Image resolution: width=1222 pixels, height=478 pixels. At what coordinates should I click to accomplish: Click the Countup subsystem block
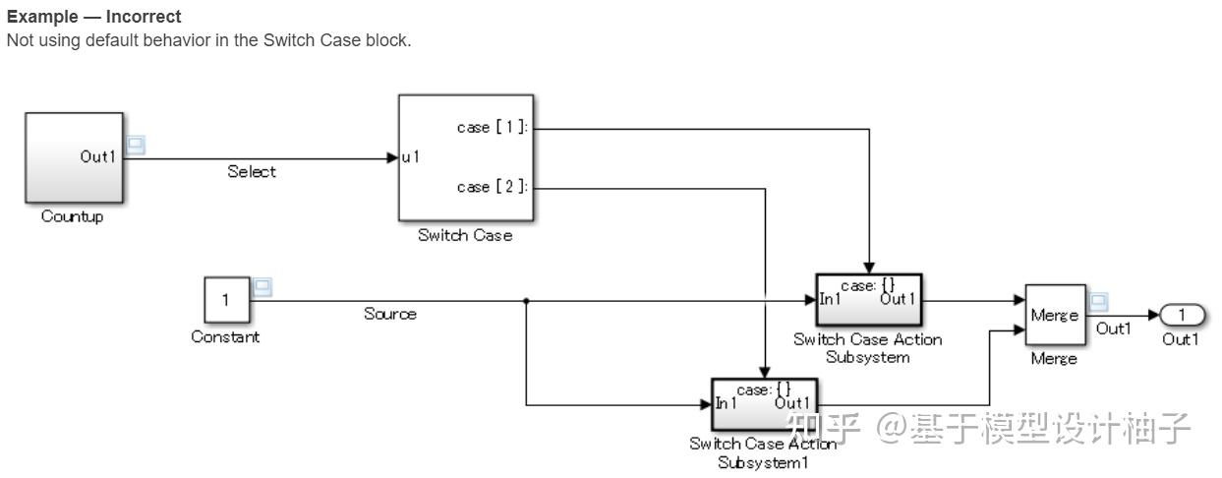pos(74,157)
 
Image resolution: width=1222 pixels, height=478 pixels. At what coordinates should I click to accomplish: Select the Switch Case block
pos(465,157)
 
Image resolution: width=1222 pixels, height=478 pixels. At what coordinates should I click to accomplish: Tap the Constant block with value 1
pos(225,300)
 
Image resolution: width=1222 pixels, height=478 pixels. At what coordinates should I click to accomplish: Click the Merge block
pos(1055,315)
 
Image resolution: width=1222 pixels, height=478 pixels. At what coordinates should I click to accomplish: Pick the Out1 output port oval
pos(1183,315)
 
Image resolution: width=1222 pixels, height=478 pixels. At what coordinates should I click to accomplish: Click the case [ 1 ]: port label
pos(493,128)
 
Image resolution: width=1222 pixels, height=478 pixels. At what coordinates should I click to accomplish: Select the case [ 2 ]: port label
pos(493,187)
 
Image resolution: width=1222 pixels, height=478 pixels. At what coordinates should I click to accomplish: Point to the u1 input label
pos(411,157)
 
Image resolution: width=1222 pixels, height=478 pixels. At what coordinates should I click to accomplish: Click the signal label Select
pos(252,172)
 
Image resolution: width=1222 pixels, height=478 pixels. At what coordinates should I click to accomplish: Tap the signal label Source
pos(390,314)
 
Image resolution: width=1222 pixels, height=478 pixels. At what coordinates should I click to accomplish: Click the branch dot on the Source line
pos(527,300)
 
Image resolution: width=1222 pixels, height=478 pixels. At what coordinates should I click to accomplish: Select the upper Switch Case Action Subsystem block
pos(868,299)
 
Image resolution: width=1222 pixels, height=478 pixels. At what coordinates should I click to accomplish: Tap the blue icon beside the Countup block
pos(137,146)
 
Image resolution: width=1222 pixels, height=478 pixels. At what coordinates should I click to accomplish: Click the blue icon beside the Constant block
pos(262,288)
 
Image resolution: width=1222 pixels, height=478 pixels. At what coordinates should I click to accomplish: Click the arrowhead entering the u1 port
pos(391,157)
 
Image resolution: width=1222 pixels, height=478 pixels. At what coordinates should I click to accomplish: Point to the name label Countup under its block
pos(72,217)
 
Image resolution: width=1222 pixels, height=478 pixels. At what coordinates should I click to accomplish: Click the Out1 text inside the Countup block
pos(98,157)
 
